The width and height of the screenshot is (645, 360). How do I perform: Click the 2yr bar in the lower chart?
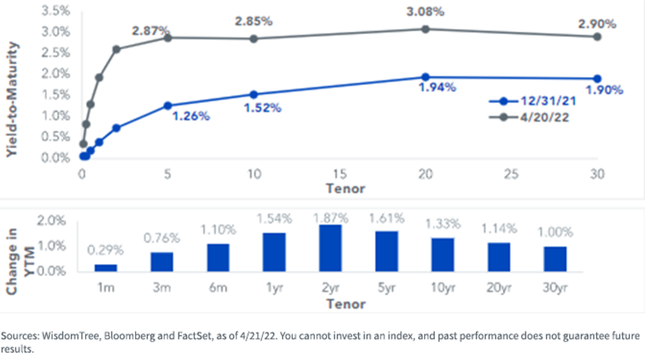click(x=330, y=248)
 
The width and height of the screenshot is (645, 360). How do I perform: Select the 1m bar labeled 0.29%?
click(x=106, y=268)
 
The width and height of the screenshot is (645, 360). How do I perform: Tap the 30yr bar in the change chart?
click(x=555, y=259)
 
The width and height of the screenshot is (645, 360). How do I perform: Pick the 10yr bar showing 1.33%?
click(x=443, y=255)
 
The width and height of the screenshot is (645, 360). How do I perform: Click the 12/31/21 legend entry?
click(x=533, y=101)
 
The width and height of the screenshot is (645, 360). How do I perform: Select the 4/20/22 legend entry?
click(x=529, y=118)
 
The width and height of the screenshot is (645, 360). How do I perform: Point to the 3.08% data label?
click(x=425, y=12)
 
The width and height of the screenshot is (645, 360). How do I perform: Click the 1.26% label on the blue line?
click(x=191, y=116)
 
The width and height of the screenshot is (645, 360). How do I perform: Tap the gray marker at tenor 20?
click(x=425, y=29)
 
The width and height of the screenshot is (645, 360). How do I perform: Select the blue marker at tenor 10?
click(x=254, y=95)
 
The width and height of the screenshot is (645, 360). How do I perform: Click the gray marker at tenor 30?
click(x=597, y=37)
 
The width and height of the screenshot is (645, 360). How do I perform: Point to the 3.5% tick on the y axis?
click(x=55, y=11)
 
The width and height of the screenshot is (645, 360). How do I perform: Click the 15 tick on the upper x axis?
click(x=340, y=174)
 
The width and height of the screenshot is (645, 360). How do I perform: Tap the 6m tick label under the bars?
click(x=218, y=287)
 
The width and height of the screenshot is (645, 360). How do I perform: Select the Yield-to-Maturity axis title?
click(x=12, y=99)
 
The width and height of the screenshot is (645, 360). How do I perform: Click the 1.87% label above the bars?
click(x=331, y=218)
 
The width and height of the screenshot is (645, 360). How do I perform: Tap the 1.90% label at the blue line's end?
click(x=605, y=90)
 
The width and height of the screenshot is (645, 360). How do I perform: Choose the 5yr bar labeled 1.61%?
click(x=386, y=251)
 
